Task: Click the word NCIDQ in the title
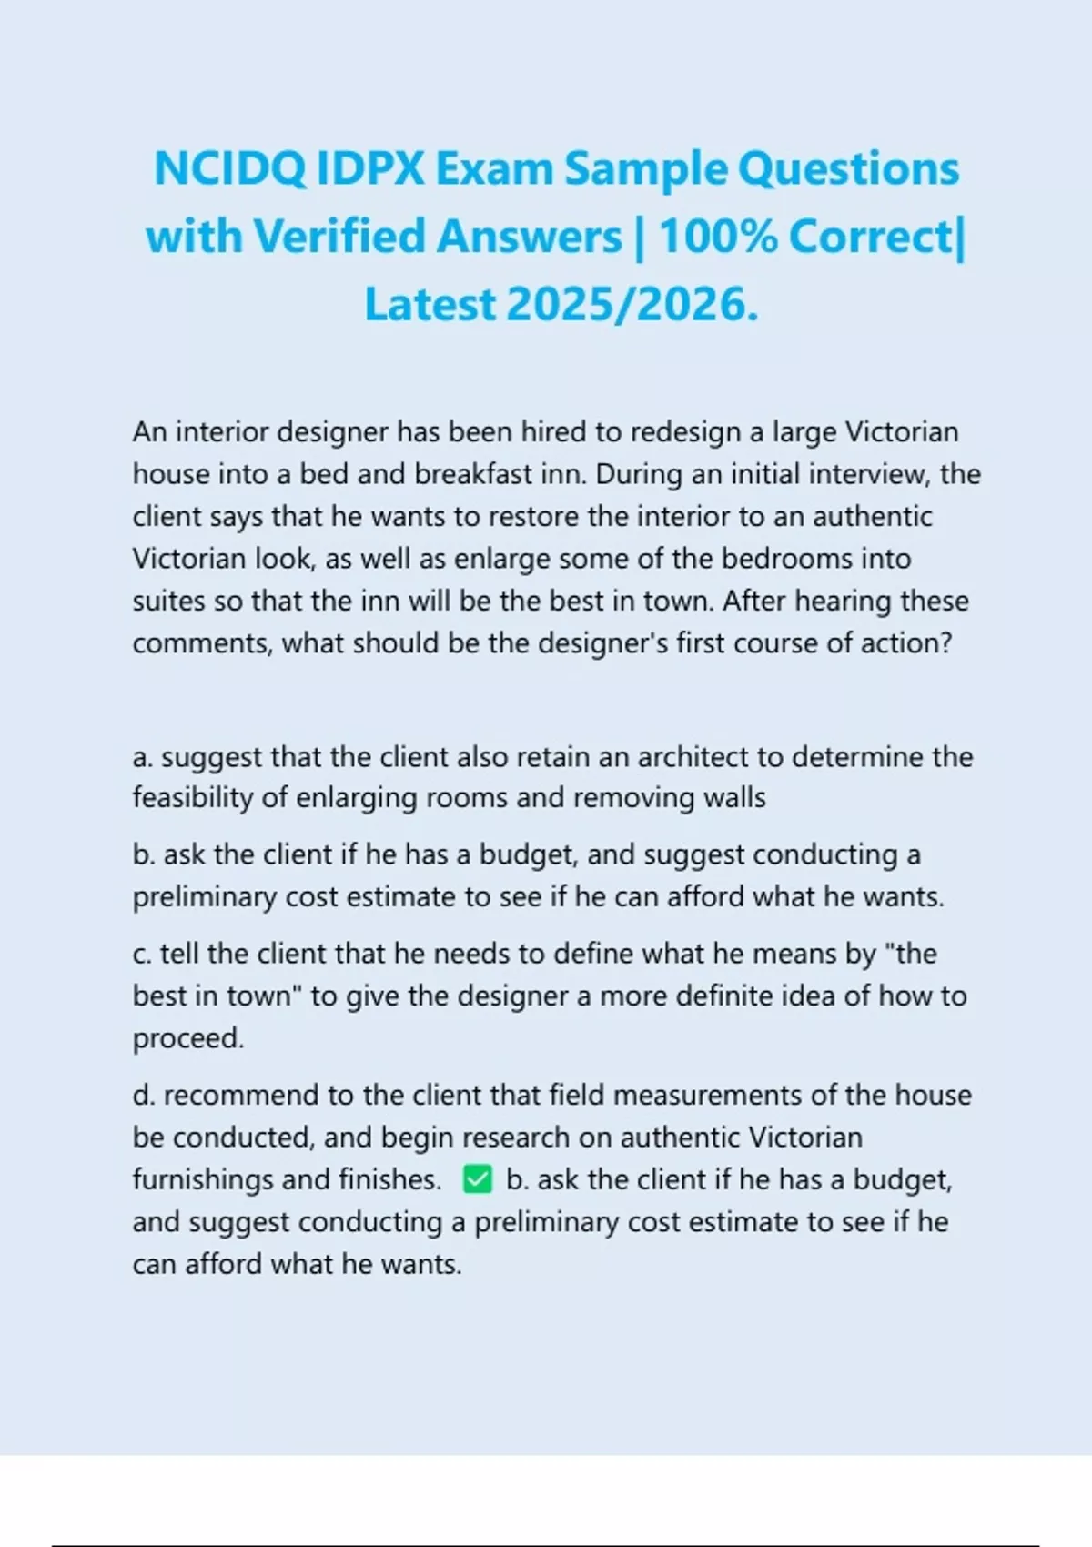pyautogui.click(x=230, y=169)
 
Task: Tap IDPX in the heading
pyautogui.click(x=370, y=169)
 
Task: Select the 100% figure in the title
pyautogui.click(x=717, y=238)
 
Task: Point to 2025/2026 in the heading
pyautogui.click(x=632, y=305)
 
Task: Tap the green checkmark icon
pyautogui.click(x=477, y=1180)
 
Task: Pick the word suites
pyautogui.click(x=169, y=602)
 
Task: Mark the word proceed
pyautogui.click(x=187, y=1038)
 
